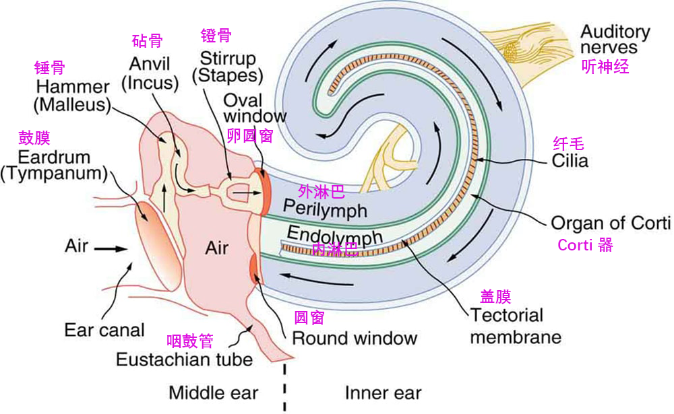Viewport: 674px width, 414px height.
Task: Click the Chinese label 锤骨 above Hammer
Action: pyautogui.click(x=49, y=68)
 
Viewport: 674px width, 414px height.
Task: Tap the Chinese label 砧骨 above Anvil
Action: pyautogui.click(x=147, y=41)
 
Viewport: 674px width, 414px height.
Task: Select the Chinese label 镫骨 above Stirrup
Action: pyautogui.click(x=216, y=35)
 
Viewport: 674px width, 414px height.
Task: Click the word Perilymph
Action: pyautogui.click(x=325, y=209)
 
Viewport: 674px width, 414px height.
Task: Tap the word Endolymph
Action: pyautogui.click(x=334, y=236)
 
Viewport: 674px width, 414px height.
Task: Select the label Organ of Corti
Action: pyautogui.click(x=611, y=223)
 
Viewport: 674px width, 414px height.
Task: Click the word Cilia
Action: pyautogui.click(x=570, y=161)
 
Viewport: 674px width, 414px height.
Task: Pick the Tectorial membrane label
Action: pyautogui.click(x=516, y=326)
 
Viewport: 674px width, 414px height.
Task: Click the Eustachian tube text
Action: pyautogui.click(x=185, y=359)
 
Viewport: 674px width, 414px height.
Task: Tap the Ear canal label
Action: pyautogui.click(x=104, y=330)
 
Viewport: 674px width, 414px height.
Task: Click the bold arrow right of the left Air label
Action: pyautogui.click(x=111, y=248)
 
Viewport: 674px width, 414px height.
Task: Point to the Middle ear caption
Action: pyautogui.click(x=213, y=392)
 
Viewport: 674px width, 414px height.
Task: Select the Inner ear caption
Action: pyautogui.click(x=383, y=393)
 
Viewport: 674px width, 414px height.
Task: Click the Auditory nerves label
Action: pyautogui.click(x=615, y=39)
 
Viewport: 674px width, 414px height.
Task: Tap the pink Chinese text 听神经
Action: pyautogui.click(x=605, y=67)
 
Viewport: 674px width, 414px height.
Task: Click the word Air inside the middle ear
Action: pyautogui.click(x=216, y=248)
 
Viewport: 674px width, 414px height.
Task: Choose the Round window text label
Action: pyautogui.click(x=355, y=339)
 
